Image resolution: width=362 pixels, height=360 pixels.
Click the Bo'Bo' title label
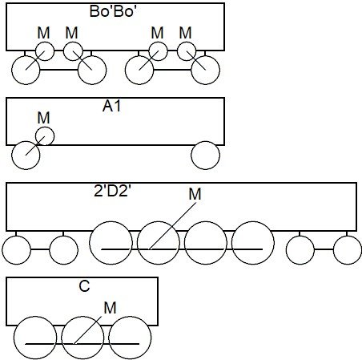click(111, 11)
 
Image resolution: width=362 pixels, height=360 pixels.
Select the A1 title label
click(111, 106)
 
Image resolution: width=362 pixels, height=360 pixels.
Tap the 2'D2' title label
click(113, 191)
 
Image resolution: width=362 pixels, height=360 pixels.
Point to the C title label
click(84, 286)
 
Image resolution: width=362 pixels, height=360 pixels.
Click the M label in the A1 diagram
click(44, 118)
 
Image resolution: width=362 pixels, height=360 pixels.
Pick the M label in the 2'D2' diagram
click(195, 194)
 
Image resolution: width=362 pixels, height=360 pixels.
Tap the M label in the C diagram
click(110, 308)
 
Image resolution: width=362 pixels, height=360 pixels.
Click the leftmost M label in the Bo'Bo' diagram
click(44, 33)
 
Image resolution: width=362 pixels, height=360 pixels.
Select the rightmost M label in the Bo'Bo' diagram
click(185, 33)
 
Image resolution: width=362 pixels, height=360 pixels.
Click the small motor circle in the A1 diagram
click(45, 136)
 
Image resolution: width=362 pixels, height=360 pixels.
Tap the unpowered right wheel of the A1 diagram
click(206, 156)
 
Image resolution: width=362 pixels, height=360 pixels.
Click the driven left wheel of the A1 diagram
click(26, 156)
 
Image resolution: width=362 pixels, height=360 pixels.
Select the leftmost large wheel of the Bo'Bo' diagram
click(26, 71)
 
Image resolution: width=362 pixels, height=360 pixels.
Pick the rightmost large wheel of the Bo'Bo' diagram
click(206, 71)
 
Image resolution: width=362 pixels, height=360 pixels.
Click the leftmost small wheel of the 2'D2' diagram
click(17, 250)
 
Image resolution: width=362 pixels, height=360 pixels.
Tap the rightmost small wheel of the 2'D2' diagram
click(348, 250)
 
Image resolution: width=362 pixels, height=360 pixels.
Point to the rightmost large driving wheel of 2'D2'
click(253, 243)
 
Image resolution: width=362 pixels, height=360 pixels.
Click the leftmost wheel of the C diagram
click(35, 338)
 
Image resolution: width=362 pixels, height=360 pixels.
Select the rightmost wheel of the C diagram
click(130, 338)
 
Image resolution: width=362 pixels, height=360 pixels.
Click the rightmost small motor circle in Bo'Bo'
click(187, 51)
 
